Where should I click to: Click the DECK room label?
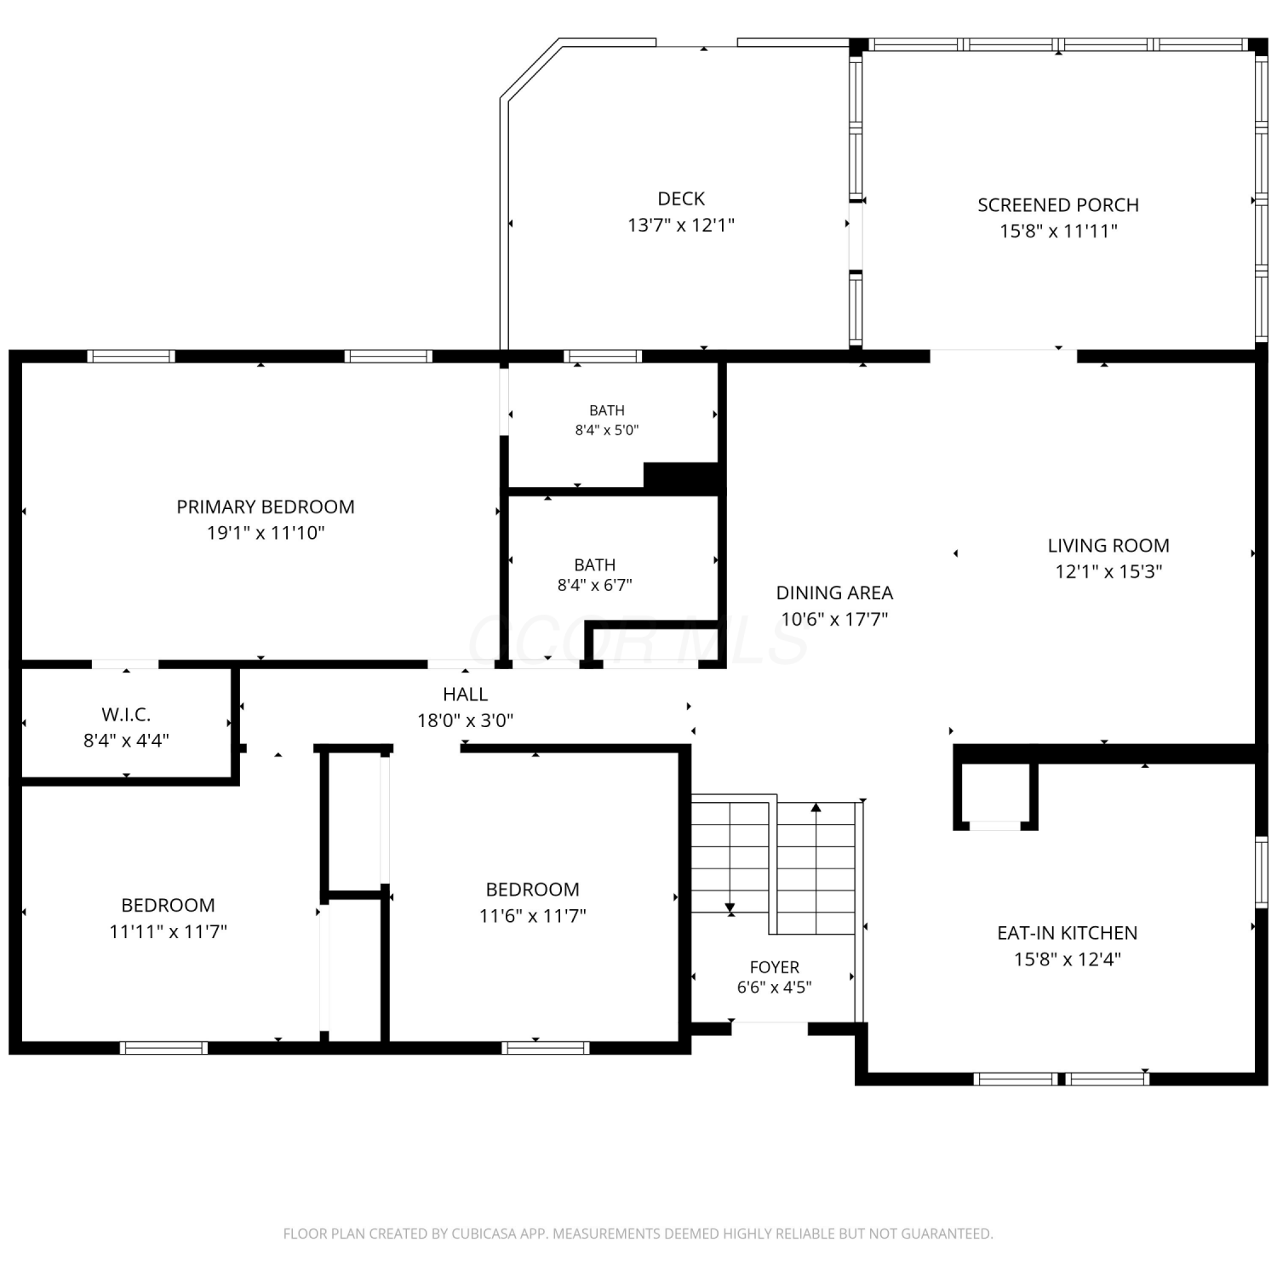point(681,198)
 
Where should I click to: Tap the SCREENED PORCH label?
point(1058,205)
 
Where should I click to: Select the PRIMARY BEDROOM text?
point(266,507)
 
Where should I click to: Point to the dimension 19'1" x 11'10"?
point(266,533)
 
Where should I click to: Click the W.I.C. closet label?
point(126,714)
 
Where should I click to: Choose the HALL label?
point(465,694)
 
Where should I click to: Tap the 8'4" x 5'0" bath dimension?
point(607,430)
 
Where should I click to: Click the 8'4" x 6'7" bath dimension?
point(594,585)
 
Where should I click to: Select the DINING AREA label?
point(834,593)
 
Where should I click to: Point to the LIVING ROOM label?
point(1108,546)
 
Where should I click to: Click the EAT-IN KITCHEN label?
point(1067,933)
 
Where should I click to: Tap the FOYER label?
point(775,967)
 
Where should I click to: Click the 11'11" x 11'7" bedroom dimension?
point(168,931)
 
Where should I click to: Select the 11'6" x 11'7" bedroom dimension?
point(533,916)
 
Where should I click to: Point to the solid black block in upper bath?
point(683,477)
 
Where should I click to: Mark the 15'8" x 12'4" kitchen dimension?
point(1067,959)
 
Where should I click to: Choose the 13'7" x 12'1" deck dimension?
point(681,225)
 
